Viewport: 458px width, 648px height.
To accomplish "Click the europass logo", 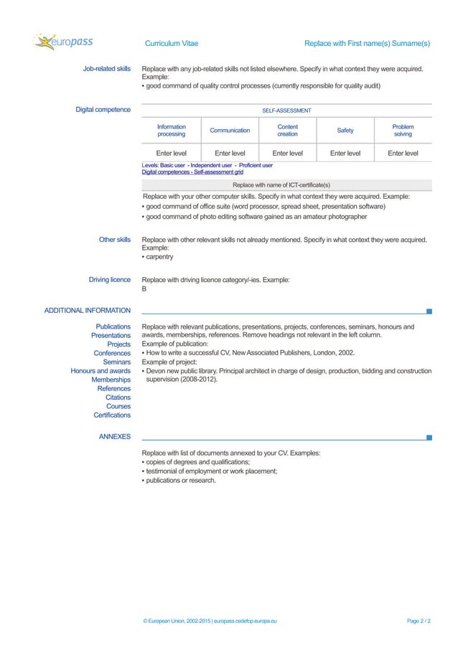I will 62,42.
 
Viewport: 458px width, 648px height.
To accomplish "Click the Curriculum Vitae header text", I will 172,43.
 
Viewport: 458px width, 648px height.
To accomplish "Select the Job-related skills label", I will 106,69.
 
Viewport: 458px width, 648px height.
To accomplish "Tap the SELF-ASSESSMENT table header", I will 286,111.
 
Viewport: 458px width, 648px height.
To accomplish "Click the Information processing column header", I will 171,130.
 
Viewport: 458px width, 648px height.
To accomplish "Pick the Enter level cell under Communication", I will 230,153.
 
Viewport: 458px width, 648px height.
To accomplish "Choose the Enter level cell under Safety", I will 345,153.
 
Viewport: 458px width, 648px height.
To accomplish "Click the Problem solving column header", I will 403,130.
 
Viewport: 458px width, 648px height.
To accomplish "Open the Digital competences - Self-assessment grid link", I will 192,172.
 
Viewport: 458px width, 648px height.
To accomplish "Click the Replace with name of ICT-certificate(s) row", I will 286,184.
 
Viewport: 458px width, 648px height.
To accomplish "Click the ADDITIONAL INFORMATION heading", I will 88,311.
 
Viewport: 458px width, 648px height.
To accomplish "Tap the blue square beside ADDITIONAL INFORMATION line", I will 429,311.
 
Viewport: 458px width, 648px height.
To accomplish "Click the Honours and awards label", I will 101,371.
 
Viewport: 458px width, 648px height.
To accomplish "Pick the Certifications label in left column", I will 112,415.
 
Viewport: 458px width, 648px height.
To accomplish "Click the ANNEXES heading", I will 114,436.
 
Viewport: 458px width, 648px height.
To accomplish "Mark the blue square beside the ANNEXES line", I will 429,436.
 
